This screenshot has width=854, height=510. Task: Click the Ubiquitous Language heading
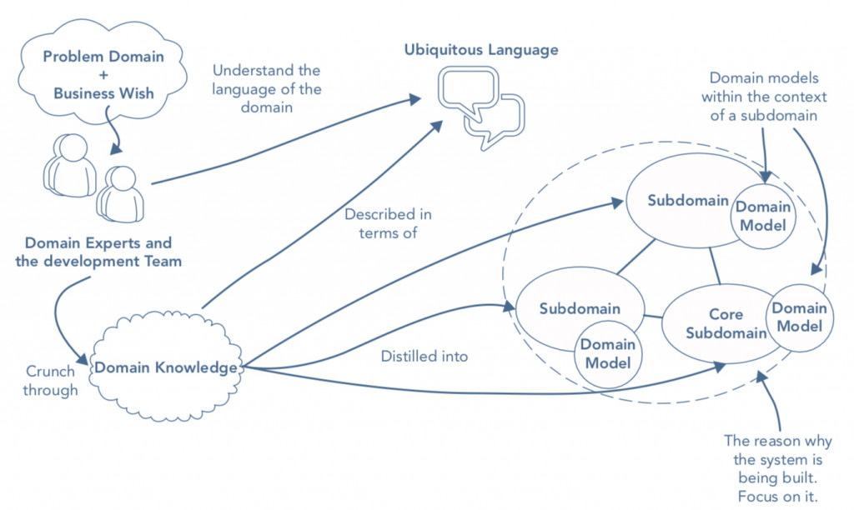(481, 50)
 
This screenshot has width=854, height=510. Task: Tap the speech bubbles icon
(481, 107)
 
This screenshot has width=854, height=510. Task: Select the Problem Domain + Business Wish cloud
(103, 72)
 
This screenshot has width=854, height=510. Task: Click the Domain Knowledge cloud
(166, 367)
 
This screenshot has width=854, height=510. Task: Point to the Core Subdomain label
(726, 323)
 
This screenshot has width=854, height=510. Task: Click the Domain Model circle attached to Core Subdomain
(799, 317)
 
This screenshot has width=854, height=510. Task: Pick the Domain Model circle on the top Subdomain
(763, 216)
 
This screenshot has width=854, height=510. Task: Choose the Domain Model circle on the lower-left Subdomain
(608, 354)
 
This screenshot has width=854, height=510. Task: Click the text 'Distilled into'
(424, 357)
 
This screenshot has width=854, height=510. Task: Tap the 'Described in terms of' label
(388, 223)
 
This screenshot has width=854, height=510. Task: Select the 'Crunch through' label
(50, 381)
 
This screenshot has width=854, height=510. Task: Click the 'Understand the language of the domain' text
(266, 88)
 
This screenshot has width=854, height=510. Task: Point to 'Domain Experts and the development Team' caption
(98, 252)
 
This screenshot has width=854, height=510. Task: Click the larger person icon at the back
(70, 165)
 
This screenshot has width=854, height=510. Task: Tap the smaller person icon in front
(120, 194)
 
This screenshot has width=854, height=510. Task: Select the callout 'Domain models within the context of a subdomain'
(764, 97)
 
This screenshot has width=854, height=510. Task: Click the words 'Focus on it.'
(778, 497)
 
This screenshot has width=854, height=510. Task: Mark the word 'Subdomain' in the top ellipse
(688, 201)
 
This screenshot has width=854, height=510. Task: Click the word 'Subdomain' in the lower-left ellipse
(580, 308)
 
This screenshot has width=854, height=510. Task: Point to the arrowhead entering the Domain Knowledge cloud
(83, 360)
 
